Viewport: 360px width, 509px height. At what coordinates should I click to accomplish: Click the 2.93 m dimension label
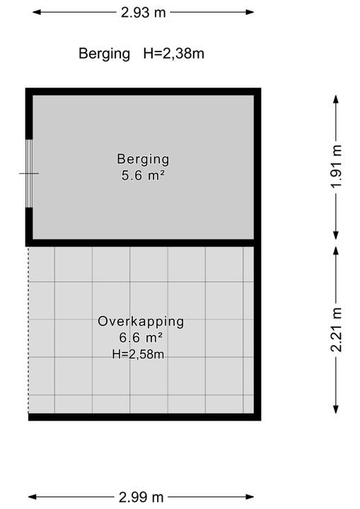coord(144,13)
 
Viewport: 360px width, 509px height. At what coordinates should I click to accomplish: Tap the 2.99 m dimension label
coord(141,497)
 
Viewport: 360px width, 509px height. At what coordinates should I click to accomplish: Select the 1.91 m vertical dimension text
coord(336,166)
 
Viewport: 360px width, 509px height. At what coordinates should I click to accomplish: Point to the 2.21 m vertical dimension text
coord(336,330)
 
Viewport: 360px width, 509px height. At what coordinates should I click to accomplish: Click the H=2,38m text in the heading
coord(174,54)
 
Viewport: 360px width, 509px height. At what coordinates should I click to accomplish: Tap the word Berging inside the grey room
coord(143,160)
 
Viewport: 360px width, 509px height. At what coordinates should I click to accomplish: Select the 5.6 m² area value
coord(143,175)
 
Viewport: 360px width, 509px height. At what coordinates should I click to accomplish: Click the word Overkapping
coord(141,322)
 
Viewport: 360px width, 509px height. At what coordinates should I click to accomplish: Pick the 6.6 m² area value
coord(141,338)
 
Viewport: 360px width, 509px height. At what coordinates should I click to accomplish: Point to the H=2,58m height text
coord(138,354)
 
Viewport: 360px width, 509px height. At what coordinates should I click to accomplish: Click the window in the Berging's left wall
coord(29,173)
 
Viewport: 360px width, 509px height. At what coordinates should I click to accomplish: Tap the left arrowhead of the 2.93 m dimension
coord(36,12)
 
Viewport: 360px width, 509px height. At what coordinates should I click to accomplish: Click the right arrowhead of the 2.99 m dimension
coord(250,497)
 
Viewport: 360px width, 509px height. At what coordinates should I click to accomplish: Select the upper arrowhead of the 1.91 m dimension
coord(336,99)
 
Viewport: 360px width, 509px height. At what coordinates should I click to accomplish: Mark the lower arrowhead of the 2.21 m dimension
coord(336,409)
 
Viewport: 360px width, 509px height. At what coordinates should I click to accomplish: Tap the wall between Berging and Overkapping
coord(143,242)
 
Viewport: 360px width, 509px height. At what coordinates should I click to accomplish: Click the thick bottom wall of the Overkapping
coord(144,417)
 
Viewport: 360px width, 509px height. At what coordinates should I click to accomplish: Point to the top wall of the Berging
coord(143,91)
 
